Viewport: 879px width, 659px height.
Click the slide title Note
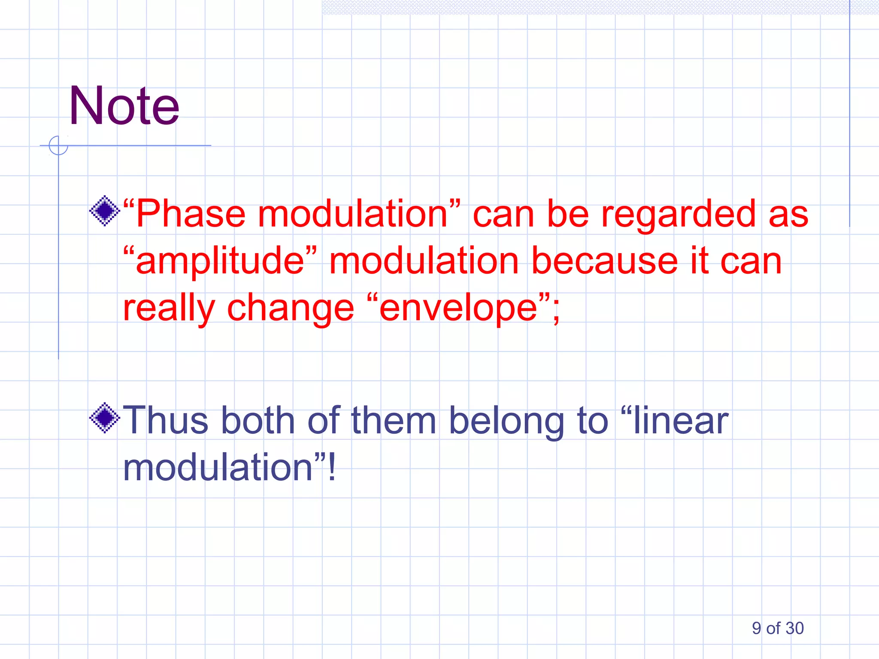coord(124,106)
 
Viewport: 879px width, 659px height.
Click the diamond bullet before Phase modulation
coord(104,211)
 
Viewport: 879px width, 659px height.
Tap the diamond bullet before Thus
coord(104,418)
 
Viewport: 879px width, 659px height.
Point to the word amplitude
coord(219,262)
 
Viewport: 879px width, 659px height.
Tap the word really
coord(169,309)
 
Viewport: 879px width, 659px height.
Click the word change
coord(290,309)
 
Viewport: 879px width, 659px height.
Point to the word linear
coord(681,420)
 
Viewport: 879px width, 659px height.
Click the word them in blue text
coord(394,420)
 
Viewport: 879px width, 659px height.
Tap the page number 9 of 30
coord(777,628)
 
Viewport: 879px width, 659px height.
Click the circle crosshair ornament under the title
coord(58,145)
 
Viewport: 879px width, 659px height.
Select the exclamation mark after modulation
coord(331,468)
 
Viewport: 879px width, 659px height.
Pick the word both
coord(258,420)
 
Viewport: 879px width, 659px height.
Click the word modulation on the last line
coord(218,468)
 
